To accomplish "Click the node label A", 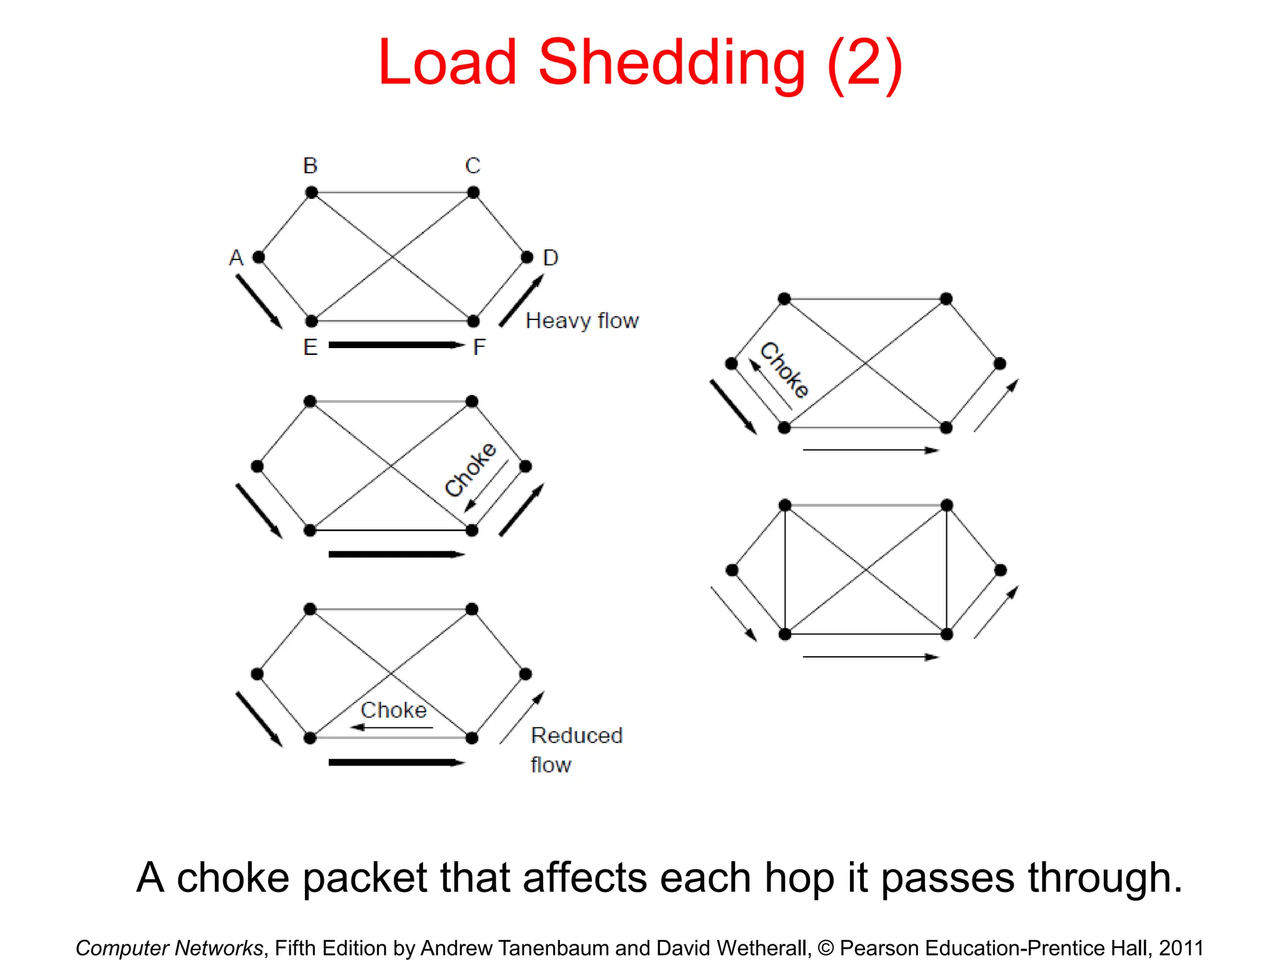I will [x=236, y=257].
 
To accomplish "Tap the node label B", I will [x=311, y=166].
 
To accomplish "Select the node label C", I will [x=472, y=166].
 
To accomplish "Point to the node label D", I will [x=550, y=257].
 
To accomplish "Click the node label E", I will [x=311, y=347].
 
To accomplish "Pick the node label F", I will [x=479, y=347].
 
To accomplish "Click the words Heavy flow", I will [x=582, y=321].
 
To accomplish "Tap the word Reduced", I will [x=576, y=736].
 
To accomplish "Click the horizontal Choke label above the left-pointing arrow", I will [x=394, y=711].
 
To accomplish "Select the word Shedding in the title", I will [x=671, y=62].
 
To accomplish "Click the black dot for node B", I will [x=311, y=192].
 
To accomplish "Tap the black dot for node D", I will [x=527, y=257].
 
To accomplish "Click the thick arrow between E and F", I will [x=396, y=345].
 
